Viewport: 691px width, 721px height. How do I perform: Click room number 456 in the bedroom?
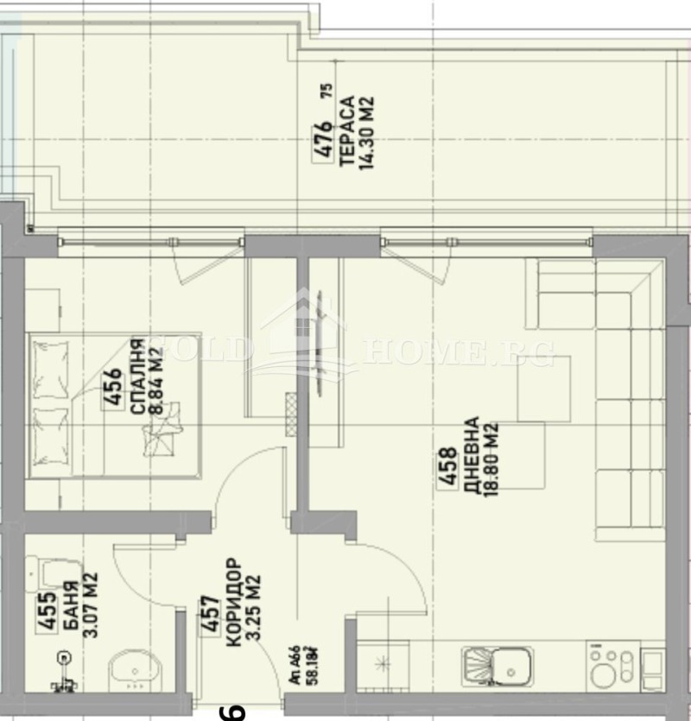[x=112, y=394]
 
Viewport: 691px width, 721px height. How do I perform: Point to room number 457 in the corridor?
[x=208, y=615]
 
